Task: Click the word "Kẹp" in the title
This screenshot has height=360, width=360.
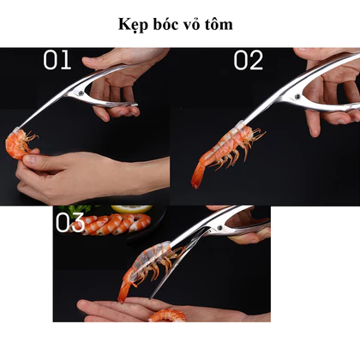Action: point(133,25)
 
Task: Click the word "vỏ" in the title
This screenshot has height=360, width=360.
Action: point(190,24)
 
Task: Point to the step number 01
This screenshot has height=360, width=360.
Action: point(57,60)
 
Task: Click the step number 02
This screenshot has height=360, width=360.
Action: point(248,60)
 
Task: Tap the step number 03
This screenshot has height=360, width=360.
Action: point(70,222)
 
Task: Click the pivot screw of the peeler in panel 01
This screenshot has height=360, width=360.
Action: point(81,93)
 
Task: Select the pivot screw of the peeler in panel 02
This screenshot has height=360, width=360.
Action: point(298,96)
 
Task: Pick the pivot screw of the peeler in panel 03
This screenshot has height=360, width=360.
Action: point(219,228)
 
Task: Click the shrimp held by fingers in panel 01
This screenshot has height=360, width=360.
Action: point(19,144)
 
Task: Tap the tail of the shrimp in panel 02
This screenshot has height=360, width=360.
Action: point(198,174)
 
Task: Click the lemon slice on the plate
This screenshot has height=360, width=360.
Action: point(132,208)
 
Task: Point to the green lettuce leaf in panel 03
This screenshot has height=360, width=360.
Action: point(75,209)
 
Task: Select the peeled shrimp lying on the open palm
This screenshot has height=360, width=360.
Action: point(167,315)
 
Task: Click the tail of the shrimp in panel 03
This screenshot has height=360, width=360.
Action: point(124,290)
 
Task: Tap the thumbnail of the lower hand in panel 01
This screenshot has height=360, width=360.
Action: point(32,159)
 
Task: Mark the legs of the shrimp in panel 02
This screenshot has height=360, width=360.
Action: point(234,154)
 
